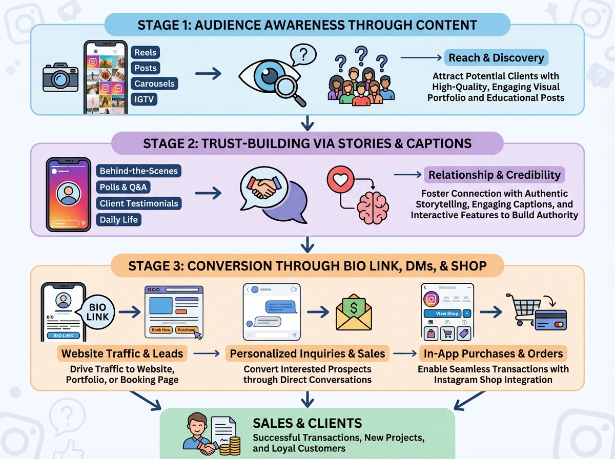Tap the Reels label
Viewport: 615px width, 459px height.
[146, 52]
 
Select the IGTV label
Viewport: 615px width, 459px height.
[145, 99]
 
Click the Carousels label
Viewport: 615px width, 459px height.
[154, 84]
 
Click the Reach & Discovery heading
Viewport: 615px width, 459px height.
[496, 58]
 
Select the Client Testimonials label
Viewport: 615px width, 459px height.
[139, 203]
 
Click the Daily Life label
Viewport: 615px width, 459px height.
[119, 220]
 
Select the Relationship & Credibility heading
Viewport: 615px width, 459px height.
[495, 175]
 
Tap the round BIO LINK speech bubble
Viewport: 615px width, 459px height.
[98, 311]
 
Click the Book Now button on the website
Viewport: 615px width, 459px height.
[161, 330]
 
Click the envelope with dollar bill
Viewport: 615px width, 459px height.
[354, 313]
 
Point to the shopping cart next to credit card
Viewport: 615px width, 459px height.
[523, 309]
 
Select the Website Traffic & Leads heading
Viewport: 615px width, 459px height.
[122, 353]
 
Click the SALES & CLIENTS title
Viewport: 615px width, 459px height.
[307, 423]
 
